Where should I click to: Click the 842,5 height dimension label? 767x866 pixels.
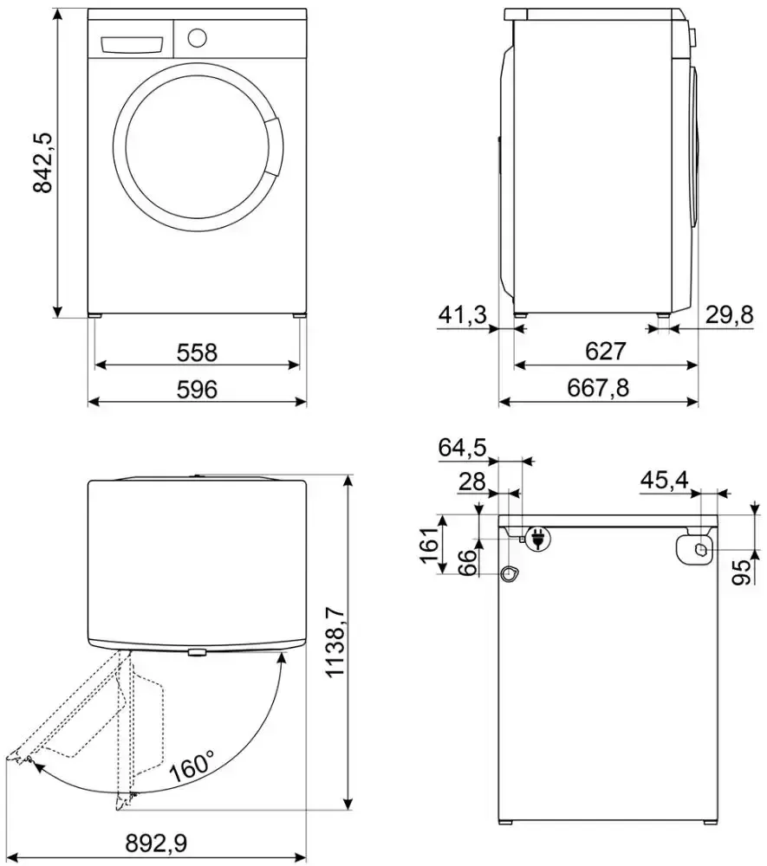42,163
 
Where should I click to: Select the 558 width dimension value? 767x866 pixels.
197,352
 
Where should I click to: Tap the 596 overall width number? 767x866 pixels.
197,390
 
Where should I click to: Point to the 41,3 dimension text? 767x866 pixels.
462,315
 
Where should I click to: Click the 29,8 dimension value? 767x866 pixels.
730,315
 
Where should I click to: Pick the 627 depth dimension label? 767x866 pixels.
606,352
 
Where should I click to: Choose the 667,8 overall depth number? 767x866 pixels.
598,388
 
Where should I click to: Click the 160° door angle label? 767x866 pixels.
192,766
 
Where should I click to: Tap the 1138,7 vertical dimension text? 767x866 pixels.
336,641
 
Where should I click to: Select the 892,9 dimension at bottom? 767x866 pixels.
156,843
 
